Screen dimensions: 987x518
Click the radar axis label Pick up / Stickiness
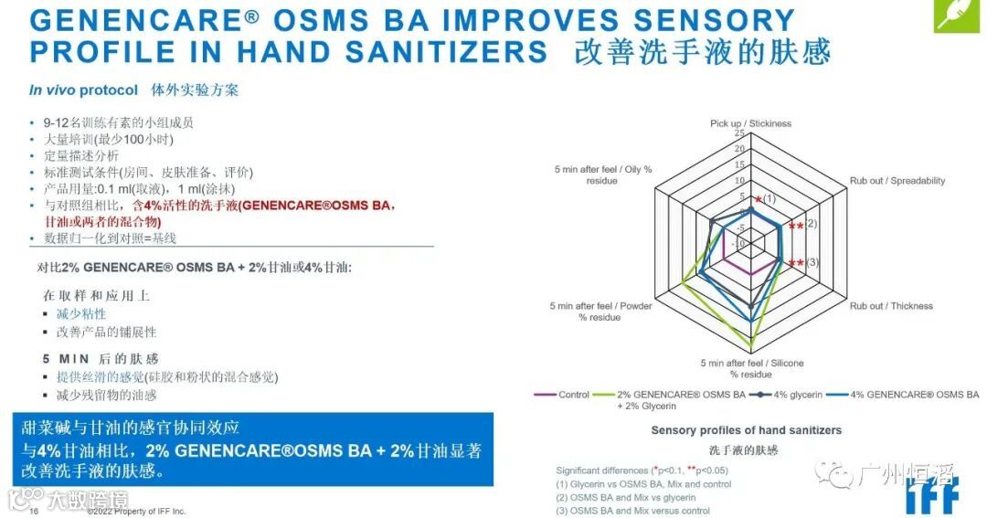[750, 123]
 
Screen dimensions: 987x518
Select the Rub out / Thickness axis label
[891, 306]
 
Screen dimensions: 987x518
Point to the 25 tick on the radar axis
[739, 133]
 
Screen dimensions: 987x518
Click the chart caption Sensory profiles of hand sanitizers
[746, 430]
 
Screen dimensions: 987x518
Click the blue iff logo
[932, 494]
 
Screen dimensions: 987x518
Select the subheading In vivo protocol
[83, 90]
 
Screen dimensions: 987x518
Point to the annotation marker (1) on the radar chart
[769, 198]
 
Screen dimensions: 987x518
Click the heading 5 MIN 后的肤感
[101, 358]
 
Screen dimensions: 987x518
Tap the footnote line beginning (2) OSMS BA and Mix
[625, 498]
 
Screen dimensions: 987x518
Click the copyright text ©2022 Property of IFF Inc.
[136, 512]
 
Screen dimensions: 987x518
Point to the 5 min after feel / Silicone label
[751, 369]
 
